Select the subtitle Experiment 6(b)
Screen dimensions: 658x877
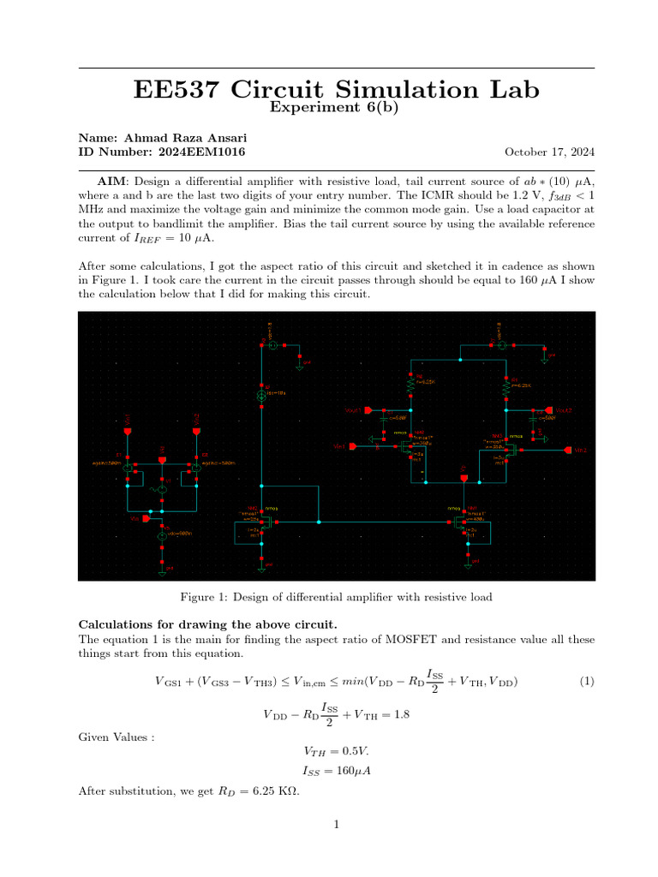(335, 107)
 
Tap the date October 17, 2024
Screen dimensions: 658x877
(549, 152)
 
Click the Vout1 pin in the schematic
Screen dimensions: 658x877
(366, 410)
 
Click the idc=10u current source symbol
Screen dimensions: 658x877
(263, 397)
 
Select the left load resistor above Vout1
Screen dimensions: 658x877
(410, 385)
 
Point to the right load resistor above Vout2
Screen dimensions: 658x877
(506, 385)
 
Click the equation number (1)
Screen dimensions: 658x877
(586, 682)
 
